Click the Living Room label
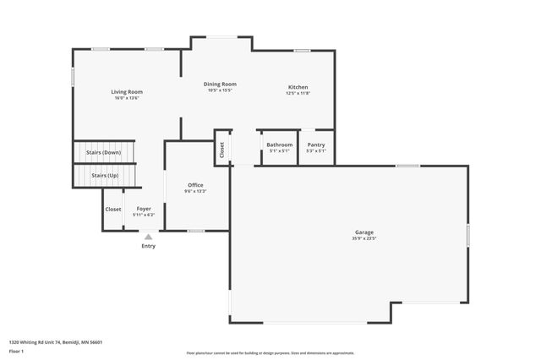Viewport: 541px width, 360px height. [127, 91]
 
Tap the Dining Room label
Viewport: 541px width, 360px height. [219, 84]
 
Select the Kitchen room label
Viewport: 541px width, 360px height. [298, 87]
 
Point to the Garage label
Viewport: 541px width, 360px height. [364, 232]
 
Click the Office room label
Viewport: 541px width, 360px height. [195, 185]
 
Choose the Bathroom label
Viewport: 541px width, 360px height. [280, 145]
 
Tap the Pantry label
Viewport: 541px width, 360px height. [316, 145]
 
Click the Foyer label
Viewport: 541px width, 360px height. [144, 209]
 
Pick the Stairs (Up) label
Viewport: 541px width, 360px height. [105, 175]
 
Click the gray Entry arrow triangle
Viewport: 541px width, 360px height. [149, 237]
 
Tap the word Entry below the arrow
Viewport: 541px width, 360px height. [149, 246]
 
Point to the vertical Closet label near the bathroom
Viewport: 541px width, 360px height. [222, 150]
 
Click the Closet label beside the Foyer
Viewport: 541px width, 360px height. [113, 209]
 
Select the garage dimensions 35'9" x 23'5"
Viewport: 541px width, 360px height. [364, 239]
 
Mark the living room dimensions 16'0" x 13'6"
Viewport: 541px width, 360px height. [127, 98]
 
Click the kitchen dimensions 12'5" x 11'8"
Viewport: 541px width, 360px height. [298, 94]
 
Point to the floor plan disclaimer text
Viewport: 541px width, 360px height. [270, 353]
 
